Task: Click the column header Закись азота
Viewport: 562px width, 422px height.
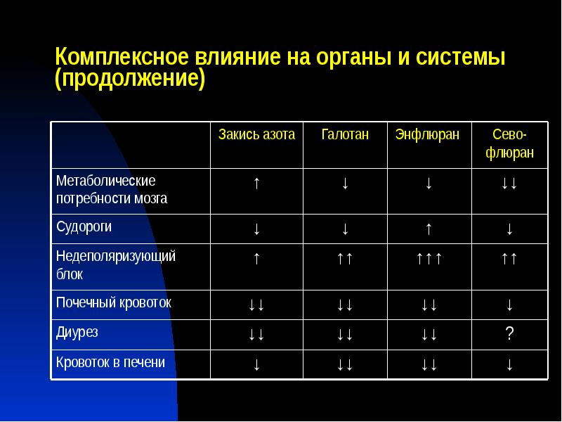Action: click(256, 134)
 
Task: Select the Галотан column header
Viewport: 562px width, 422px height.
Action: click(344, 134)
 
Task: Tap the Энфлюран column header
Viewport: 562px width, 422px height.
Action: click(427, 134)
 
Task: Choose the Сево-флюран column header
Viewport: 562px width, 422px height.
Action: click(509, 143)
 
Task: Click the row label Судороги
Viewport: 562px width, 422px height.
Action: click(84, 227)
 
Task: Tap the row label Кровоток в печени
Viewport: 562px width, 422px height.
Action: click(111, 363)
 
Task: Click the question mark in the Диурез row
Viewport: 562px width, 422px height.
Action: click(509, 335)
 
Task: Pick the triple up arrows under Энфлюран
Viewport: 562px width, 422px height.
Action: click(428, 259)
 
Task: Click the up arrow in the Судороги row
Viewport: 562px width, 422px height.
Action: click(428, 229)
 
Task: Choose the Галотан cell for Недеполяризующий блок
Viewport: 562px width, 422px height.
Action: click(344, 259)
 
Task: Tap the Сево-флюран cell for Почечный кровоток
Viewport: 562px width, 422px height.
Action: click(509, 305)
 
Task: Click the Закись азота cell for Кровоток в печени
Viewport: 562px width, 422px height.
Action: click(256, 364)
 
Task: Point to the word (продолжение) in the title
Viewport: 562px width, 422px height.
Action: click(130, 77)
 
